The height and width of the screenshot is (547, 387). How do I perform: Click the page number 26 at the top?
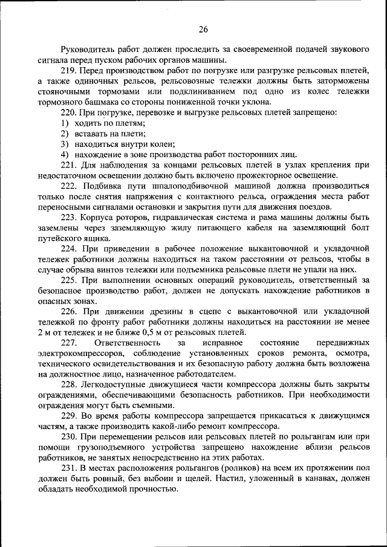tap(203, 29)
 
